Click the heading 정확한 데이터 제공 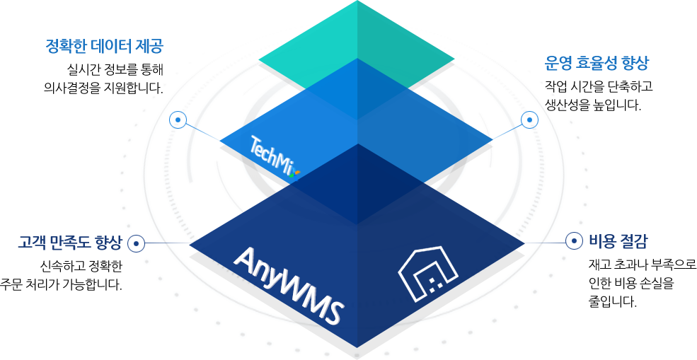coord(104,47)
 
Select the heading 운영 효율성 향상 coord(596,63)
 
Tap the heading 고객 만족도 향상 coord(70,243)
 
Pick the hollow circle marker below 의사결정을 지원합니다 coord(178,120)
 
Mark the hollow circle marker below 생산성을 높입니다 coord(529,121)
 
